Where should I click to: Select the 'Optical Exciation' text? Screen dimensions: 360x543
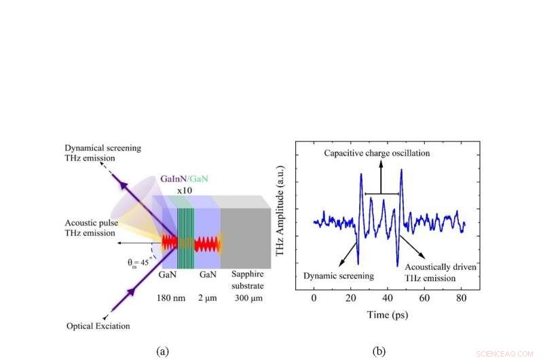[98, 326]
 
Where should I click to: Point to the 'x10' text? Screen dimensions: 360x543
[183, 192]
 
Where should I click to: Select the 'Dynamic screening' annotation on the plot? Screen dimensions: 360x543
[338, 276]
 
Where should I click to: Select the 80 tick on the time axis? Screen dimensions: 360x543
[462, 298]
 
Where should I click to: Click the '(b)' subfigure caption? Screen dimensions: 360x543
[379, 350]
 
